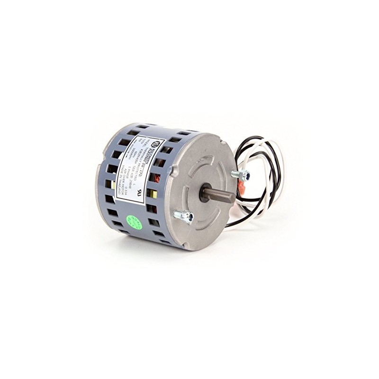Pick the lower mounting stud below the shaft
184,216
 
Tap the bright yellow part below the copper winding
154,194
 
